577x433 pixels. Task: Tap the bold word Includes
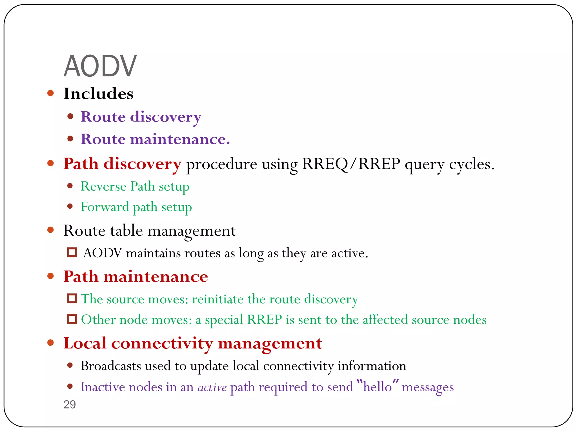point(98,94)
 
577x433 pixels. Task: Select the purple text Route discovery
point(141,117)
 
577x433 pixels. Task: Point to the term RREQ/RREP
point(351,164)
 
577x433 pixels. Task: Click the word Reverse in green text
point(103,186)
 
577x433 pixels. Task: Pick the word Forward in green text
point(105,207)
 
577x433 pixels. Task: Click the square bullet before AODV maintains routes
point(72,252)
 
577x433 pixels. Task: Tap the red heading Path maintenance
point(136,276)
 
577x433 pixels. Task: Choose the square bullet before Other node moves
point(72,319)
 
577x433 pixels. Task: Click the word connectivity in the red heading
point(162,344)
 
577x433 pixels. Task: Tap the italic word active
point(212,387)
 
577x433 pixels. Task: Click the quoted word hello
point(377,387)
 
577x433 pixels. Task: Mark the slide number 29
point(70,405)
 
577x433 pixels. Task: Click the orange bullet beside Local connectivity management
point(51,343)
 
